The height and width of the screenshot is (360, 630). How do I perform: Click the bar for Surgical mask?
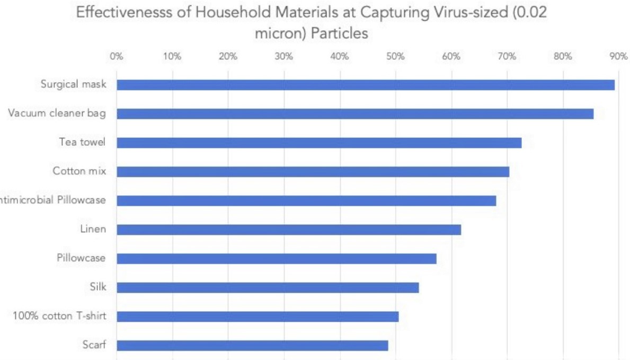coord(365,85)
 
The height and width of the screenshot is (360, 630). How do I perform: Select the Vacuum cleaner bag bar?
coord(354,113)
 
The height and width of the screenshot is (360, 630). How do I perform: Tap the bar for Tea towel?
coord(318,143)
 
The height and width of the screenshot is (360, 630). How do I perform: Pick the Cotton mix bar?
coord(313,172)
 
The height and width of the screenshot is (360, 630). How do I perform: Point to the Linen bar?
coord(288,230)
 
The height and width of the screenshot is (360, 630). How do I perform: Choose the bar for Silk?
coord(268,287)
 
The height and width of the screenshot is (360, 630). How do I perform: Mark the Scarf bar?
coord(252,345)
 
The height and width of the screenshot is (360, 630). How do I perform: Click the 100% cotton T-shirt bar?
coord(258,317)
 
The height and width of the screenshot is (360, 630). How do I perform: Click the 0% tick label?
coord(117,56)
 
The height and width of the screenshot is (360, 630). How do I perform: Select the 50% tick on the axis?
coord(396,56)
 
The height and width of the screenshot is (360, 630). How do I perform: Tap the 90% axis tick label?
coord(618,56)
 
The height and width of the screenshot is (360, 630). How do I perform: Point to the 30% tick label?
coord(284,56)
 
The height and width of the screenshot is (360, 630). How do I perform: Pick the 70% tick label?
coord(507,56)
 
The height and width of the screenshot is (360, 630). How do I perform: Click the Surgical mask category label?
coord(73,84)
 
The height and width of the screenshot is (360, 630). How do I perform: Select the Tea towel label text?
coord(82,142)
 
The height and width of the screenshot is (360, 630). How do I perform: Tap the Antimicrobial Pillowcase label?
coord(53,200)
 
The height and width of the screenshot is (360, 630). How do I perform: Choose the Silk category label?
coord(97,287)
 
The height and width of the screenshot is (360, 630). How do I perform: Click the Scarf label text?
coord(94,345)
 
